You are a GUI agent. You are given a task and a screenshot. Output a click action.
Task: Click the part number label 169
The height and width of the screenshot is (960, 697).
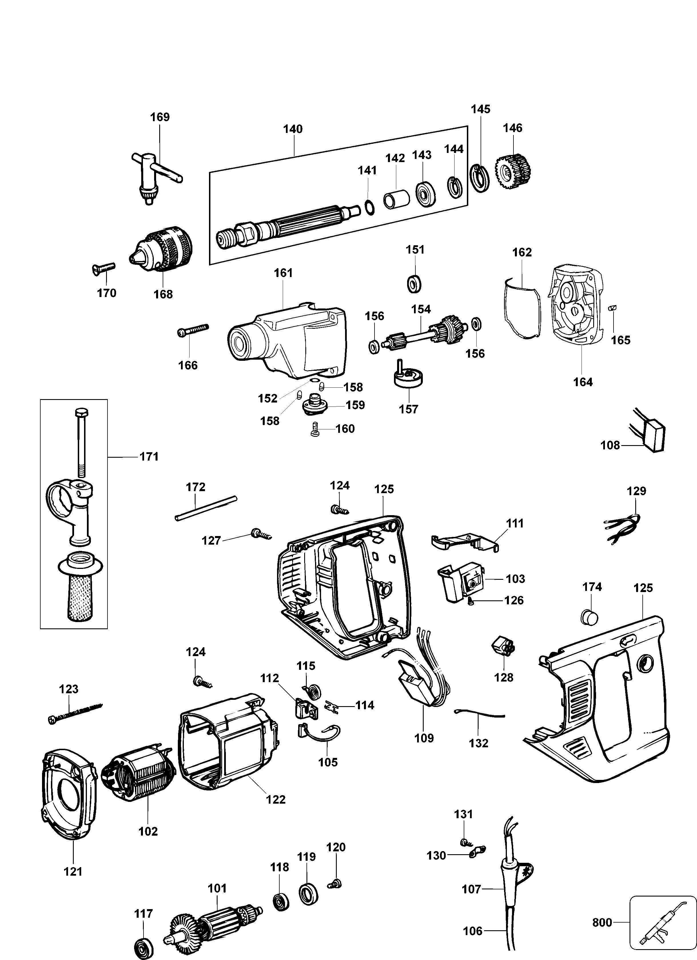160,117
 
